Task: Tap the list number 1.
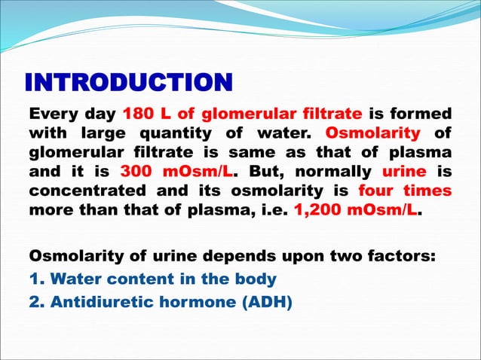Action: (34, 278)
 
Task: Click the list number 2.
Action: (34, 302)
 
